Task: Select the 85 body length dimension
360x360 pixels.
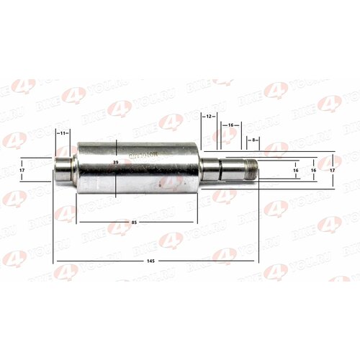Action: [x=135, y=222]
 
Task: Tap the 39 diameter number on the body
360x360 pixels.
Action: [x=115, y=164]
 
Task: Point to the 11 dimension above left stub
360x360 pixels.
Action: [x=63, y=133]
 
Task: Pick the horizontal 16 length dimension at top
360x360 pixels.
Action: [x=230, y=125]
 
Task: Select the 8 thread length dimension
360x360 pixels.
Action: [x=252, y=139]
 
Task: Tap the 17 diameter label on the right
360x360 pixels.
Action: [x=331, y=171]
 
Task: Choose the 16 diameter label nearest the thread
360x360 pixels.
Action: [x=296, y=171]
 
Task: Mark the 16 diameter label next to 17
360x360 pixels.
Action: [x=313, y=171]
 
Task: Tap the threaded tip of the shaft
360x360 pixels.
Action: [x=251, y=171]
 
